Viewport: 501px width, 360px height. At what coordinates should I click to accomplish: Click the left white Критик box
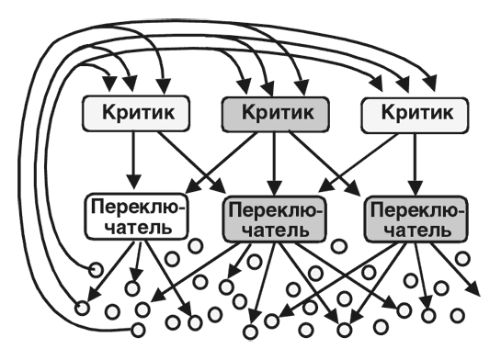tap(135, 113)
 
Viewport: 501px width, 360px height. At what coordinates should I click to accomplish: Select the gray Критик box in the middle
tap(273, 113)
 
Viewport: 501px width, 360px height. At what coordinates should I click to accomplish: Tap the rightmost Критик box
tap(410, 113)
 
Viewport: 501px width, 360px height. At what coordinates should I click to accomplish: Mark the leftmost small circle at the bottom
tap(80, 308)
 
